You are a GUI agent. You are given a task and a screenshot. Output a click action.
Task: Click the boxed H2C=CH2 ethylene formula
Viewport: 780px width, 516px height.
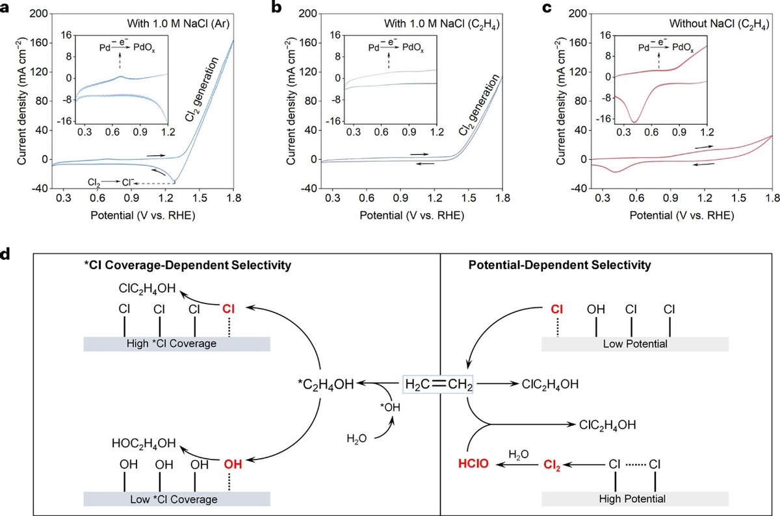click(x=437, y=385)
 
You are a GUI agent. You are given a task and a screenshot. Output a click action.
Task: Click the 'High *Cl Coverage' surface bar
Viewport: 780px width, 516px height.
click(x=177, y=344)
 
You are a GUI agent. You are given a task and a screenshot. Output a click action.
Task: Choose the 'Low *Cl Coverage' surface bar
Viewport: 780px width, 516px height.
click(x=177, y=498)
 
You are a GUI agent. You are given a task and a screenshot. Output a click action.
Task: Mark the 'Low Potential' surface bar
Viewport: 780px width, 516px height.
click(x=634, y=344)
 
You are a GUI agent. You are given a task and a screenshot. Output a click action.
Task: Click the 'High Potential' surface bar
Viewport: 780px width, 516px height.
click(x=634, y=499)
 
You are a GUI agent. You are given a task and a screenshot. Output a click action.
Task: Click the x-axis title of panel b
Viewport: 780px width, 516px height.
click(x=415, y=214)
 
